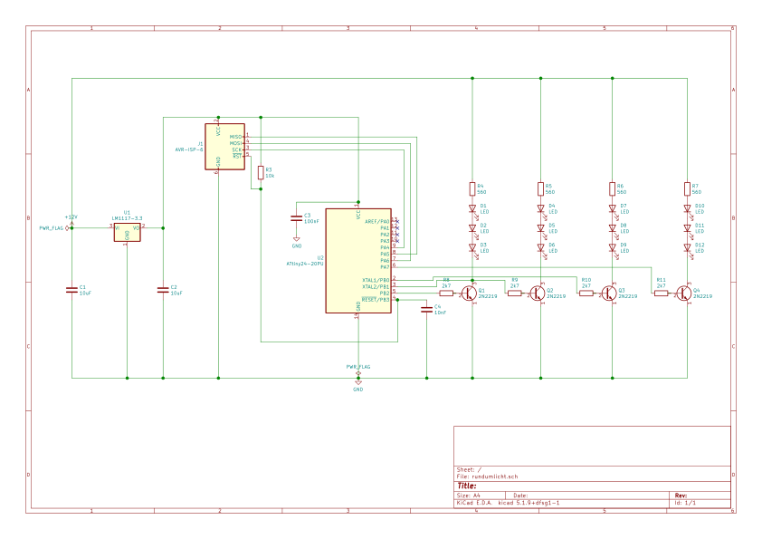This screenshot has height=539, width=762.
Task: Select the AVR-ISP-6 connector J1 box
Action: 224,146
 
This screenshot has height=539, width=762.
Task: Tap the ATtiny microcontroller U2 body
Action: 357,260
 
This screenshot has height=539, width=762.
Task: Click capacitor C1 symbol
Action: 71,290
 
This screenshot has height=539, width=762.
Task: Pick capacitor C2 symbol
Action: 163,290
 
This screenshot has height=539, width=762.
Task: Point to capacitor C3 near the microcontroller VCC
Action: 296,218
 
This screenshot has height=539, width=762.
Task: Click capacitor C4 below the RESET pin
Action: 426,309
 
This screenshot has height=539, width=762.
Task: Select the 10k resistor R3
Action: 261,173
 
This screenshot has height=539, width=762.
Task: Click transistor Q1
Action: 469,293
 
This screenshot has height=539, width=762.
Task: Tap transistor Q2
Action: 538,293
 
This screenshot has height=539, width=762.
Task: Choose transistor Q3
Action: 610,293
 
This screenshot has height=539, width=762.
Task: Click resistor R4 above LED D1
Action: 472,189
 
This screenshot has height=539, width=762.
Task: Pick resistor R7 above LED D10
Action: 687,189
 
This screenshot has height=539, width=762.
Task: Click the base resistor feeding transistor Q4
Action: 661,293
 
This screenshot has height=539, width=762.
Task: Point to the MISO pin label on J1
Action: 235,137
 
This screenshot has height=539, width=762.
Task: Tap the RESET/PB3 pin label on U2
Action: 376,299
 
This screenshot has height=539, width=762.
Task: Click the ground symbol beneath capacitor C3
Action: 296,240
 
